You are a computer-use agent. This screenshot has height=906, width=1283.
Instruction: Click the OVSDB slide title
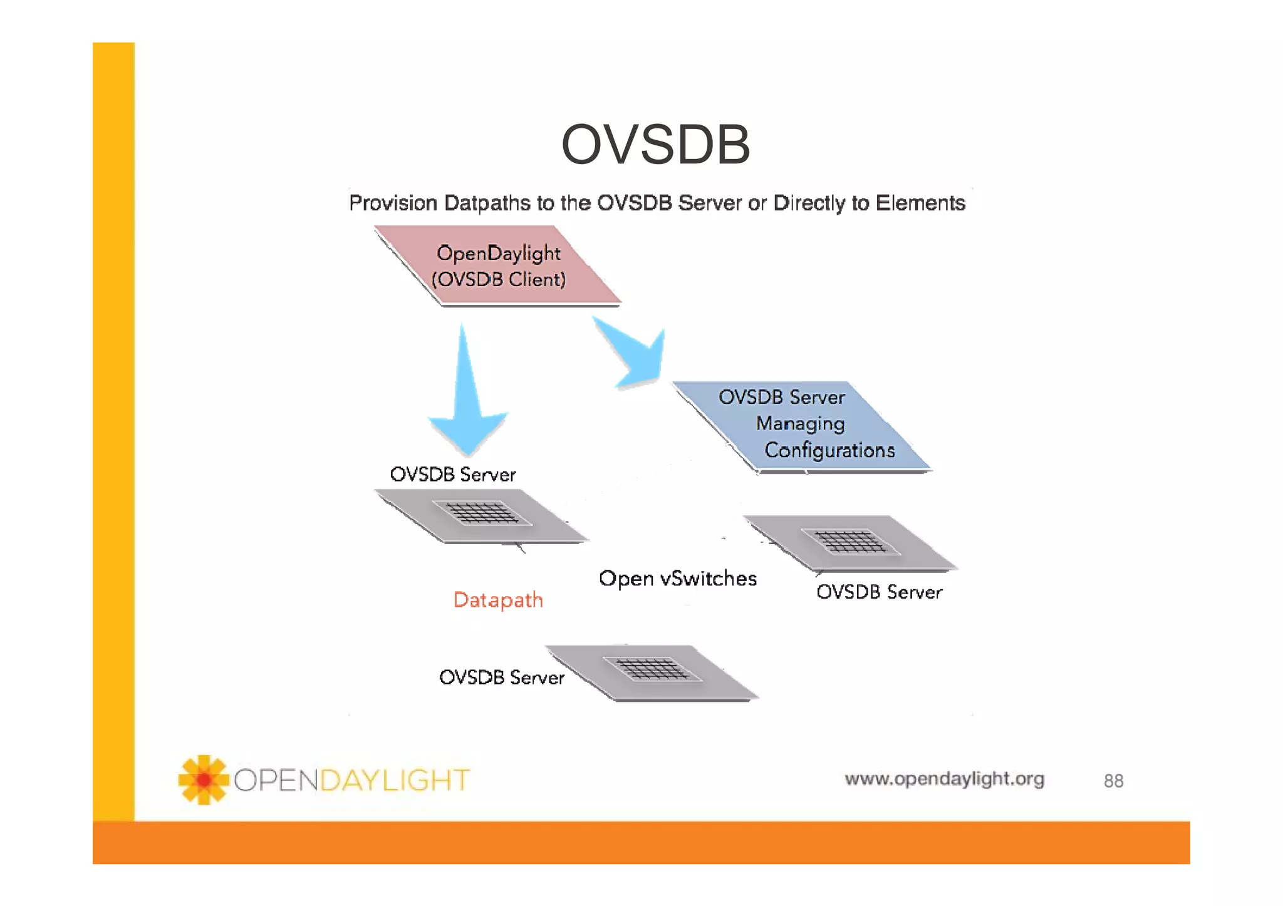pyautogui.click(x=655, y=145)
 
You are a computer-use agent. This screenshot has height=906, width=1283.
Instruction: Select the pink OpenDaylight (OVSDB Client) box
pyautogui.click(x=498, y=266)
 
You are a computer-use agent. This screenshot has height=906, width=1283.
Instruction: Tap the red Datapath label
pyautogui.click(x=498, y=600)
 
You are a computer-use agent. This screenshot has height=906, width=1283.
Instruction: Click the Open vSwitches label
pyautogui.click(x=677, y=579)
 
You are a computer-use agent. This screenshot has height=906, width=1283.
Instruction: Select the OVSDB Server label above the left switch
pyautogui.click(x=452, y=475)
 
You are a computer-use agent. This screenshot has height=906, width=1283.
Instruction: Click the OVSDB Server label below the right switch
pyautogui.click(x=878, y=592)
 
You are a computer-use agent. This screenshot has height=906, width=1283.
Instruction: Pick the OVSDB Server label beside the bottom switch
pyautogui.click(x=501, y=677)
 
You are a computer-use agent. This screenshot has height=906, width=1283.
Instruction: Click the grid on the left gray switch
pyautogui.click(x=483, y=513)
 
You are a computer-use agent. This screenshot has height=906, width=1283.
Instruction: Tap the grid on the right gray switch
pyautogui.click(x=851, y=542)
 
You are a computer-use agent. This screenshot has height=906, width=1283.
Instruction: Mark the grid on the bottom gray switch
pyautogui.click(x=652, y=669)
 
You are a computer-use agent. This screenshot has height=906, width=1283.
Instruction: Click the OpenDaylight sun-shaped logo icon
pyautogui.click(x=203, y=780)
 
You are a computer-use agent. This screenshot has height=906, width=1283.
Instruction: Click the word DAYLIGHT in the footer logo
pyautogui.click(x=395, y=781)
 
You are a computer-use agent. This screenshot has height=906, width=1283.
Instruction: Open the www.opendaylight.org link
pyautogui.click(x=944, y=779)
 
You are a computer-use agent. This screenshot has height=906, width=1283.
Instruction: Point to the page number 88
pyautogui.click(x=1113, y=781)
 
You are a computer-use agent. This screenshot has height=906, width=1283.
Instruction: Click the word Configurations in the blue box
pyautogui.click(x=829, y=450)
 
